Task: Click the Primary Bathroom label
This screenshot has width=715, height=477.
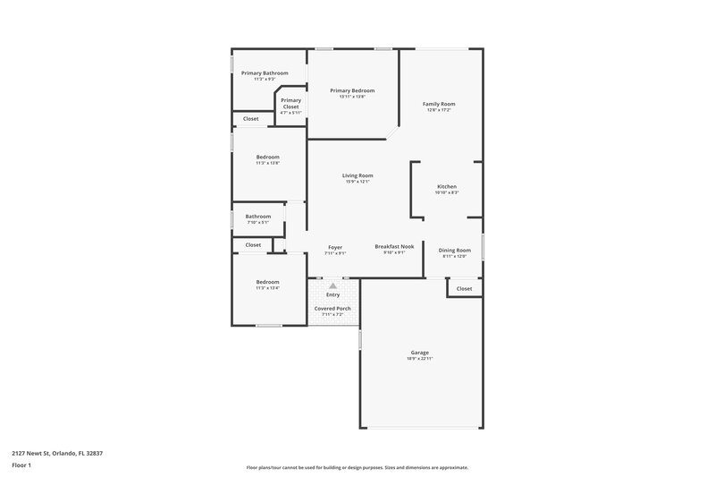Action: (x=265, y=72)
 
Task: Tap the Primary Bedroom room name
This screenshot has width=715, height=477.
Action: (x=351, y=90)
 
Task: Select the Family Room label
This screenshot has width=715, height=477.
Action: (x=439, y=104)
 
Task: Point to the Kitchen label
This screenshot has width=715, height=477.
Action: (x=446, y=186)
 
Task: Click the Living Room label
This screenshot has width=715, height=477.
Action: (x=357, y=175)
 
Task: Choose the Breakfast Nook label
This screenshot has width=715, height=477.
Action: (x=394, y=246)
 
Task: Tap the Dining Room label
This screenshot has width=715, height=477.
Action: (x=455, y=250)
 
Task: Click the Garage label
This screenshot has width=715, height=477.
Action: (x=420, y=352)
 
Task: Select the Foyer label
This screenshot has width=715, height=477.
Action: (x=335, y=247)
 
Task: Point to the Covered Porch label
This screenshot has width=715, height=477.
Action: (x=332, y=308)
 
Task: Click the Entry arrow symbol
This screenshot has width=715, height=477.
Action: (x=332, y=285)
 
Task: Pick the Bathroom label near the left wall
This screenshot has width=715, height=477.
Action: (x=258, y=216)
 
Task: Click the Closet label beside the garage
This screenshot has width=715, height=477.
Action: (x=464, y=288)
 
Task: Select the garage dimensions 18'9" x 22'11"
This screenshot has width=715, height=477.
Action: (x=420, y=358)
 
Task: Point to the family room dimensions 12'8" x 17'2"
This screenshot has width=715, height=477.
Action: (x=439, y=110)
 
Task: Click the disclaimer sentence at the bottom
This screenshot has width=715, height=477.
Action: (x=357, y=467)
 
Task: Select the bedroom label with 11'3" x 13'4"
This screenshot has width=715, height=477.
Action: (x=267, y=282)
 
